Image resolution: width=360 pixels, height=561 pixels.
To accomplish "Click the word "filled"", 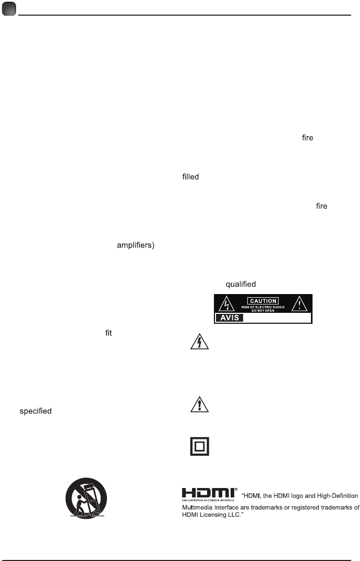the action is coord(191,177).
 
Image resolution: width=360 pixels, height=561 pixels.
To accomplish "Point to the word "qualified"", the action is coord(241,284).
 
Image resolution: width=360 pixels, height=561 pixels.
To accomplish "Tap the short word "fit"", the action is coord(109,332).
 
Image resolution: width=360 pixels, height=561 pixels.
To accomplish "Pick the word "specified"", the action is coord(35,411).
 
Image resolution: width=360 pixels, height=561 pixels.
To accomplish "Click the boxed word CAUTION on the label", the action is coord(263,301).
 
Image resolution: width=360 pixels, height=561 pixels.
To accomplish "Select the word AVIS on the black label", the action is coord(229,318).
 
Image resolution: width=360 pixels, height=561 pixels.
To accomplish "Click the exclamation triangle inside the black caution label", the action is coord(299,304).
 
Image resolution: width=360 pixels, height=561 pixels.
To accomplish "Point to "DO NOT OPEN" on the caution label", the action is coord(263,311).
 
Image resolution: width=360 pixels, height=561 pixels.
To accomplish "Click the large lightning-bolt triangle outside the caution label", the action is coord(199,342).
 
